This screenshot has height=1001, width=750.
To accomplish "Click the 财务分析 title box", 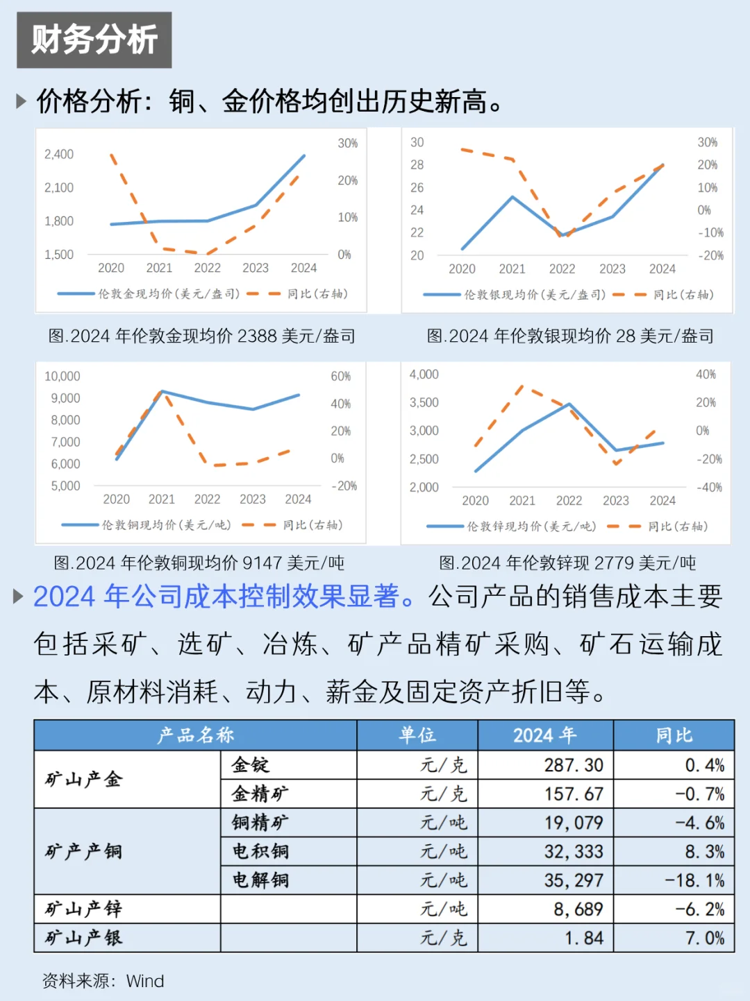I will [94, 40].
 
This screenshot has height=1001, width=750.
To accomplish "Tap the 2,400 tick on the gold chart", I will [59, 154].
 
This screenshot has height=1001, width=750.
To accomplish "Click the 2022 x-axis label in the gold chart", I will [207, 268].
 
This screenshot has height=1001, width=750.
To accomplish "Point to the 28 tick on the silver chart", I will [417, 164].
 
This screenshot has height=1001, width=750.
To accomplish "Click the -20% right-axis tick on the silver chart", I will [710, 255].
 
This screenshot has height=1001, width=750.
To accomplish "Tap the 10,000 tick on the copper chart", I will [62, 376].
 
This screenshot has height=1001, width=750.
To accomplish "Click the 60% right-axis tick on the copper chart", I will [340, 376].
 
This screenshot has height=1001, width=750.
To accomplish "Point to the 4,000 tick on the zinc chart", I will [424, 375].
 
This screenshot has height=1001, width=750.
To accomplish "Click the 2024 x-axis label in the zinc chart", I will [662, 500].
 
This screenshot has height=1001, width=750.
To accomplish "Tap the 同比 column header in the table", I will [674, 735].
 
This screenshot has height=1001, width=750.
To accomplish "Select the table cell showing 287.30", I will [574, 765].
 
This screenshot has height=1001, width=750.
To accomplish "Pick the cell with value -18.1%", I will [694, 880].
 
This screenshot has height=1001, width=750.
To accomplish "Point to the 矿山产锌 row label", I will [83, 909].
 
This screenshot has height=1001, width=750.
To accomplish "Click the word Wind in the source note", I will [145, 981].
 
